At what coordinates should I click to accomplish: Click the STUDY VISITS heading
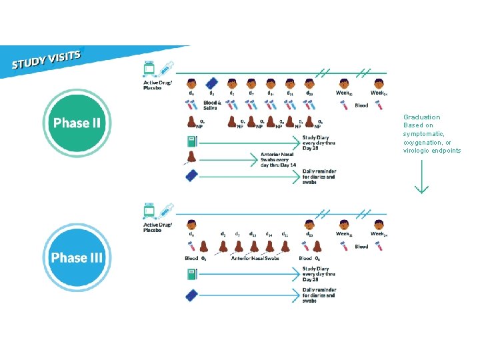tap(47, 59)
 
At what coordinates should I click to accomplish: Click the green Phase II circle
tap(77, 123)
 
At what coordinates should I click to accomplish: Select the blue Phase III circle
tap(77, 257)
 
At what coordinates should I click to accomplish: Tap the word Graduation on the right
tap(421, 117)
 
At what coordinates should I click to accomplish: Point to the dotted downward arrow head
tap(421, 189)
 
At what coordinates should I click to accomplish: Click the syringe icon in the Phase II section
tap(167, 68)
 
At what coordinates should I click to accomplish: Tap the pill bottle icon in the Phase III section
tap(150, 211)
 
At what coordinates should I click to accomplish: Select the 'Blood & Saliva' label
tap(212, 105)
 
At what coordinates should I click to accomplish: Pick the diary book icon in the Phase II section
tap(192, 141)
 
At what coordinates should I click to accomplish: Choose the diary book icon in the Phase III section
tap(192, 273)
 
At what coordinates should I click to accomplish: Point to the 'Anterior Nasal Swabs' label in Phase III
tap(255, 259)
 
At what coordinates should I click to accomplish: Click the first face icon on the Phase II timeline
tap(192, 84)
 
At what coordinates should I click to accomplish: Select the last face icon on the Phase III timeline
tap(379, 225)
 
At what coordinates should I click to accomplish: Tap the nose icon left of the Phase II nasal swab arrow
tap(192, 158)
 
